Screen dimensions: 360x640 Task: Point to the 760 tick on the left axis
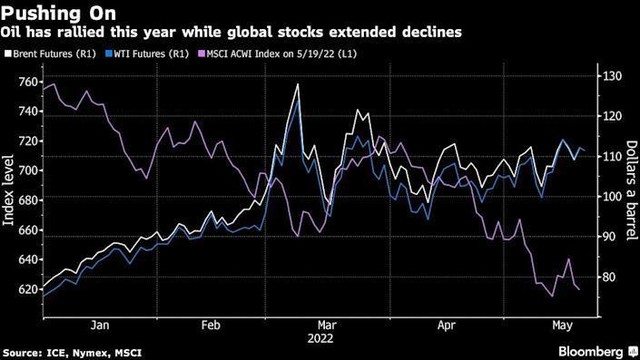(27, 81)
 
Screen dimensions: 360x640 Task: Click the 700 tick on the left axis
(27, 171)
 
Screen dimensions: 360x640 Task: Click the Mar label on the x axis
(324, 326)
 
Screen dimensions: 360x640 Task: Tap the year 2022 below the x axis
(324, 339)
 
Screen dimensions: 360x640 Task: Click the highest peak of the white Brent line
(297, 86)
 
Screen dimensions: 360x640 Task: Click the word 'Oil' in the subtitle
(14, 32)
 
